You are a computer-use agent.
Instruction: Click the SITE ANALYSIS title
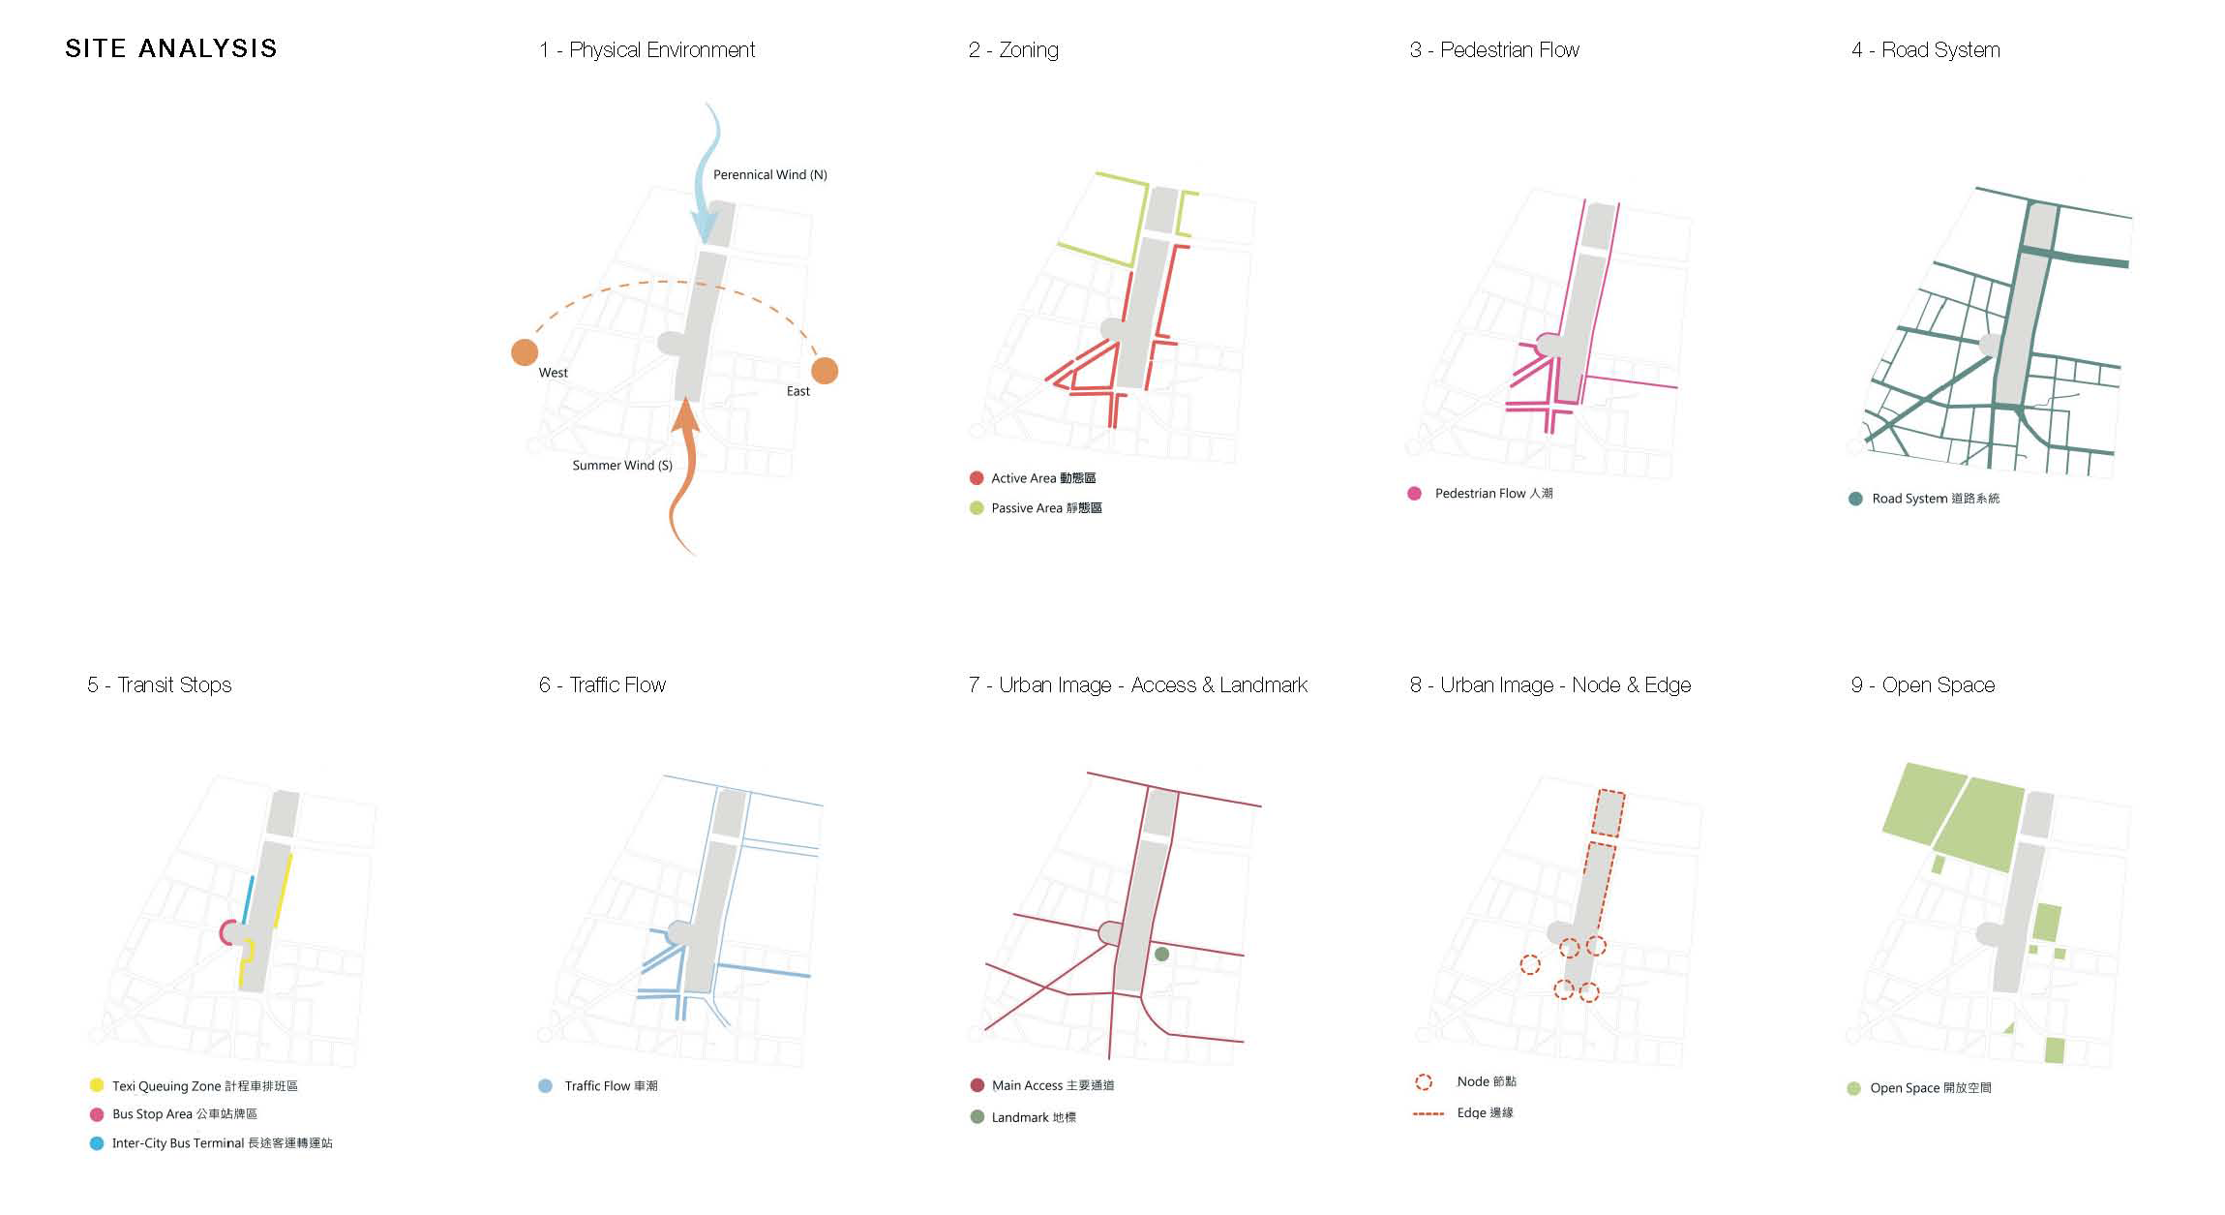tap(170, 48)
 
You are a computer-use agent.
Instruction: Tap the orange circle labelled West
tap(525, 352)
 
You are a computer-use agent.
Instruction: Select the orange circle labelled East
tap(825, 370)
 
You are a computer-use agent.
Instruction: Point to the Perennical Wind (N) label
tap(769, 174)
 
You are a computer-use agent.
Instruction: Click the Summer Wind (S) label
tap(621, 466)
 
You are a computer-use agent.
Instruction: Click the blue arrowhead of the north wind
tap(706, 228)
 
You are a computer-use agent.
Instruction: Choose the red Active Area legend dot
tap(977, 478)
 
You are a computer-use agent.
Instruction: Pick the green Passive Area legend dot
tap(977, 508)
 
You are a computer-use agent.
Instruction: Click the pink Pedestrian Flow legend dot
tap(1414, 494)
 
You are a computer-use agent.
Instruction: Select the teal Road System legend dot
tap(1855, 499)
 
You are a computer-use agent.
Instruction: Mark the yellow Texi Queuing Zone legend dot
tap(97, 1085)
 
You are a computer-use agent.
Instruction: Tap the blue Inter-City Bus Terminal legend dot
tap(97, 1143)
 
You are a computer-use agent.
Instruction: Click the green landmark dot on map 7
tap(1162, 954)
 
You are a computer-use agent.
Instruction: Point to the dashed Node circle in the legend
tap(1424, 1082)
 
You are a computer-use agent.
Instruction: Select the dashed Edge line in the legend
tap(1428, 1114)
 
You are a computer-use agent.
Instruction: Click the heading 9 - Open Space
tap(1922, 685)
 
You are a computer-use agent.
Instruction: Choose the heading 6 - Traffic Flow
tap(602, 685)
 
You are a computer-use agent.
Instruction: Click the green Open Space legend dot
tap(1853, 1088)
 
